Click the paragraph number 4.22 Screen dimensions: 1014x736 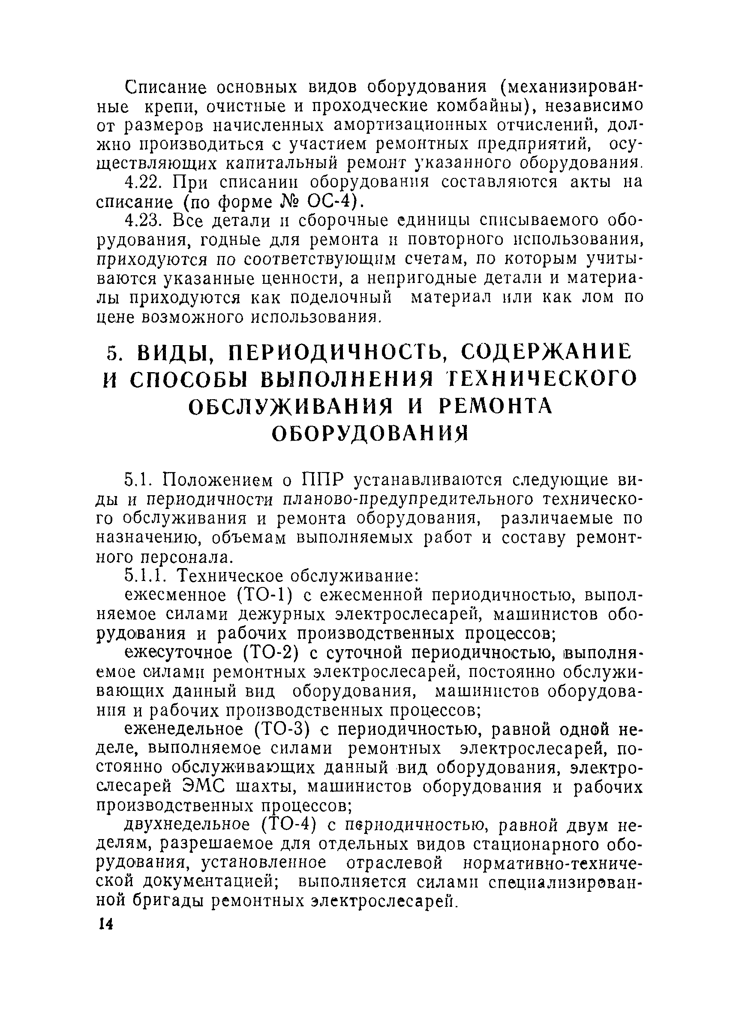coord(142,183)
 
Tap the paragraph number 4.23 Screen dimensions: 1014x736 coord(143,221)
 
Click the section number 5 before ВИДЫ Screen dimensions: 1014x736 coord(112,354)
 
